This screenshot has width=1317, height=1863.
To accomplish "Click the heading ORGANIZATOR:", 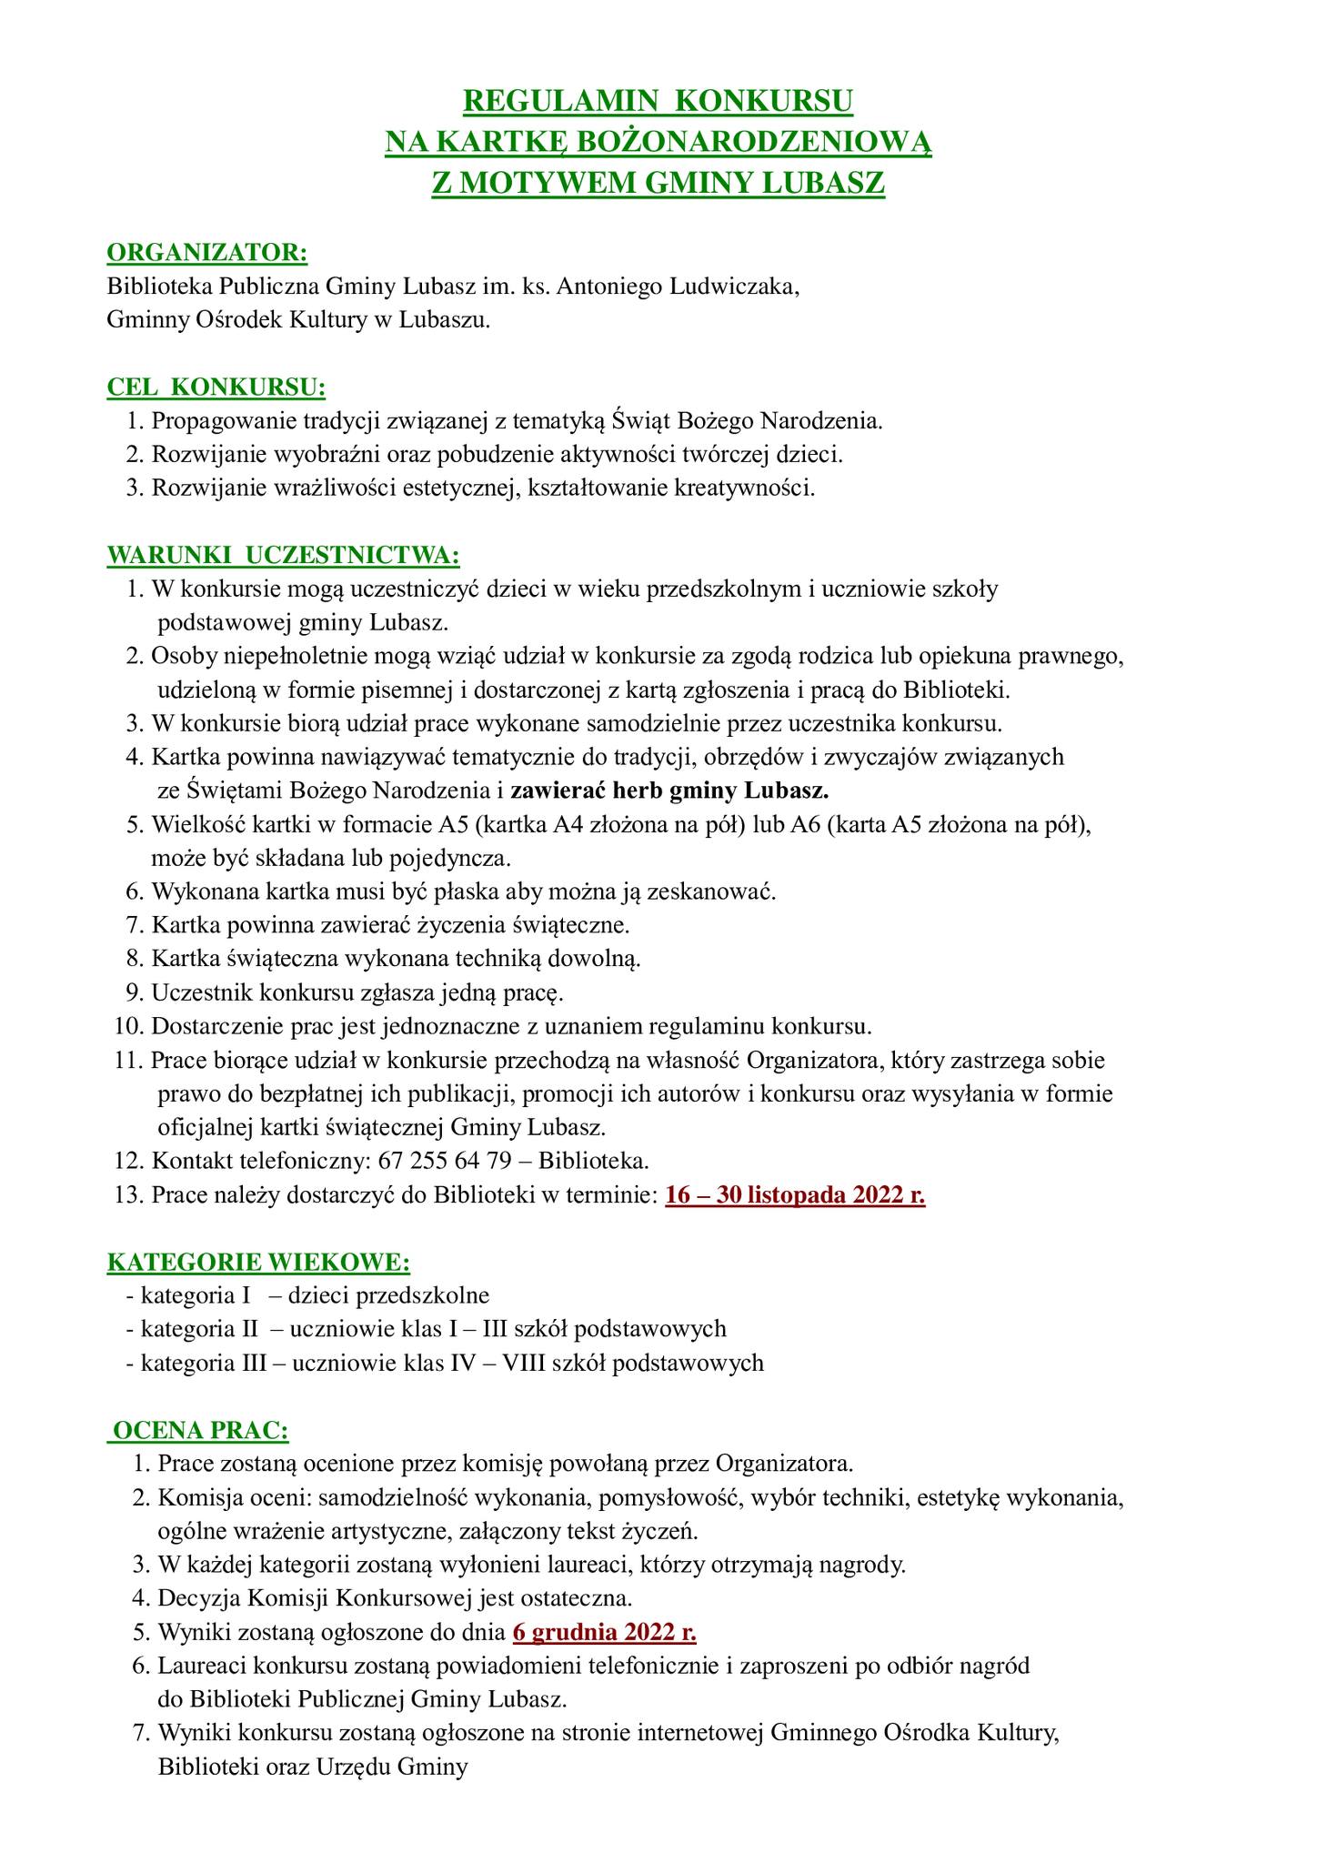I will (x=207, y=252).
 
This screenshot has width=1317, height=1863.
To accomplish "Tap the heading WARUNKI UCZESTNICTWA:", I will (x=284, y=555).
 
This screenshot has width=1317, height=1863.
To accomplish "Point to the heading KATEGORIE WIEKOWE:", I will (x=258, y=1263).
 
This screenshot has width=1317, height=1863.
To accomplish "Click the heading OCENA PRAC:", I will (x=199, y=1431).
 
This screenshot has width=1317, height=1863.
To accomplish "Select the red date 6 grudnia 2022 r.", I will (x=605, y=1632).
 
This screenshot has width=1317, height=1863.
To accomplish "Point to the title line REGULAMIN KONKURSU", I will (x=658, y=101).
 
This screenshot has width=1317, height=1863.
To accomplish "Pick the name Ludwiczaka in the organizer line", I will (x=734, y=287).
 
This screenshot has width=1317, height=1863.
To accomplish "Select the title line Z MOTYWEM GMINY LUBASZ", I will (x=658, y=183).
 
